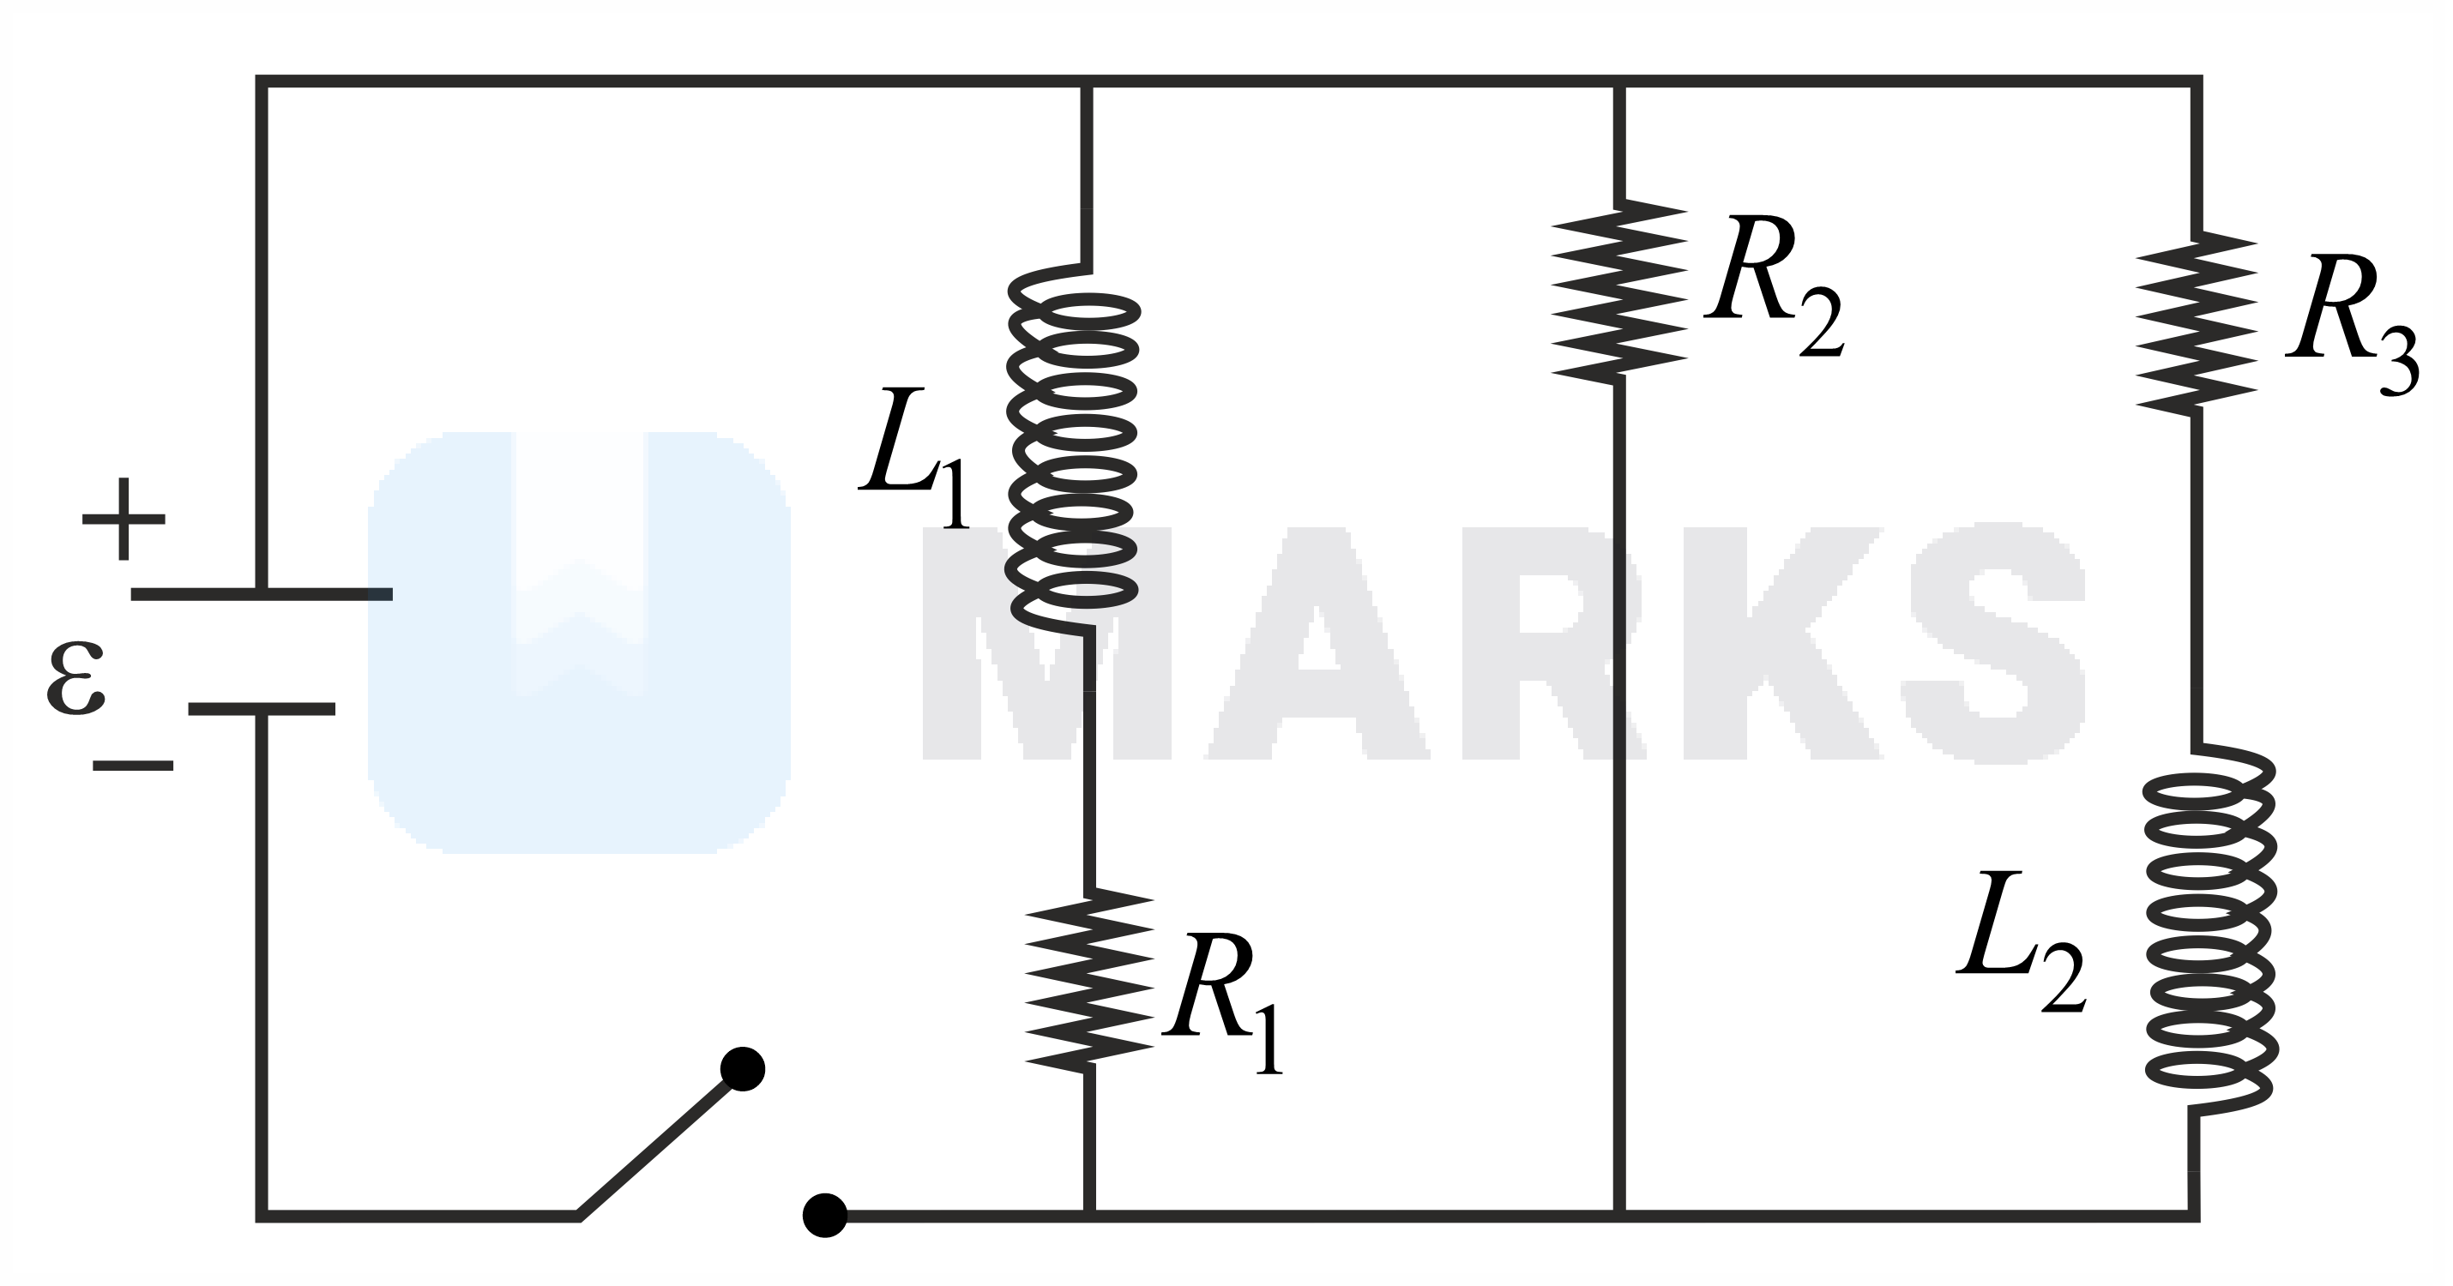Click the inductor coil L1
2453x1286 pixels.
[1073, 448]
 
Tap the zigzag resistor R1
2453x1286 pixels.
[1088, 981]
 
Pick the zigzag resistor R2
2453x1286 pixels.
[1618, 291]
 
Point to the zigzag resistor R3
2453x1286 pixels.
[2197, 323]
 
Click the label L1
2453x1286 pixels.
[914, 457]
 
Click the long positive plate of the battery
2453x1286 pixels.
[262, 594]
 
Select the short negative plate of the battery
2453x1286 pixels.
[262, 709]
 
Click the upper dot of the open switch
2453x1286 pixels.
[743, 1070]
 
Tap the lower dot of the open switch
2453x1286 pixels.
[824, 1216]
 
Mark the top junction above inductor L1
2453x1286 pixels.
[1086, 81]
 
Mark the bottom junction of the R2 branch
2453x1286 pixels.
[1618, 1216]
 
